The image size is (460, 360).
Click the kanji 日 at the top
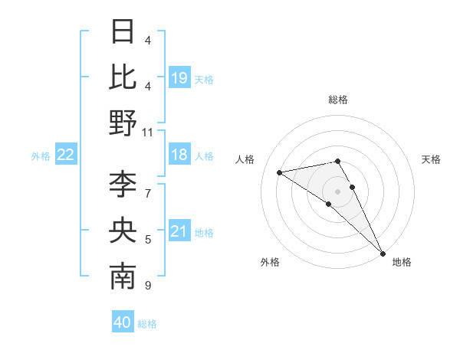[123, 31]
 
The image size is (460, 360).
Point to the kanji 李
[123, 185]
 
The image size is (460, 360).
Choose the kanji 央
[123, 231]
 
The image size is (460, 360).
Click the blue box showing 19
[179, 77]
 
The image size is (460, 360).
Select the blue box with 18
[179, 155]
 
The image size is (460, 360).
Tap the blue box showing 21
[179, 231]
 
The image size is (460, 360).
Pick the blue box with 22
[66, 155]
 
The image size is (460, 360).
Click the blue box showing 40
[123, 322]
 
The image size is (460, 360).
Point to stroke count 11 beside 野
[148, 132]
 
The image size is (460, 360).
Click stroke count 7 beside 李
[148, 185]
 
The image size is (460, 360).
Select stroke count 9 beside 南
[148, 286]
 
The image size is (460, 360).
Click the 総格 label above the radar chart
[338, 100]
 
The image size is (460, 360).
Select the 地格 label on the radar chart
[402, 262]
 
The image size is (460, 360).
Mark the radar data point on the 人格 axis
[279, 172]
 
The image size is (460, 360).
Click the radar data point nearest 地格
[383, 253]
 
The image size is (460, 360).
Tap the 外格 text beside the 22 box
[41, 156]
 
